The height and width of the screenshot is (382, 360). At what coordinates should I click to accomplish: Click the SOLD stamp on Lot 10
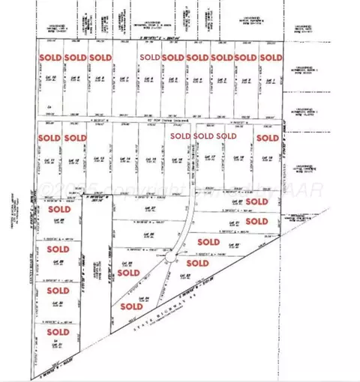click(51, 58)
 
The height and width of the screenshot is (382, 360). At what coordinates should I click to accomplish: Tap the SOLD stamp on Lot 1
click(271, 58)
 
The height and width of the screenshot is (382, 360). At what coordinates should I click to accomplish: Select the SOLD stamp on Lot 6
click(149, 58)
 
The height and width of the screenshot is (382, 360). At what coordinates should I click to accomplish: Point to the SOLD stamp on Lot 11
click(51, 138)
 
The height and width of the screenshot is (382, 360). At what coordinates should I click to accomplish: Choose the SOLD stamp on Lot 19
click(266, 138)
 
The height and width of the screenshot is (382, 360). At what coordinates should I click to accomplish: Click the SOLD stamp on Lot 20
click(256, 202)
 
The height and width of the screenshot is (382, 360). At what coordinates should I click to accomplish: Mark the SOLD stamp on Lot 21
click(256, 222)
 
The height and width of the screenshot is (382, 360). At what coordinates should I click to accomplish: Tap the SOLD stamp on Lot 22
click(208, 242)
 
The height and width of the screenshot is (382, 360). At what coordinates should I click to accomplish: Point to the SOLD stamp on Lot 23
click(197, 264)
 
